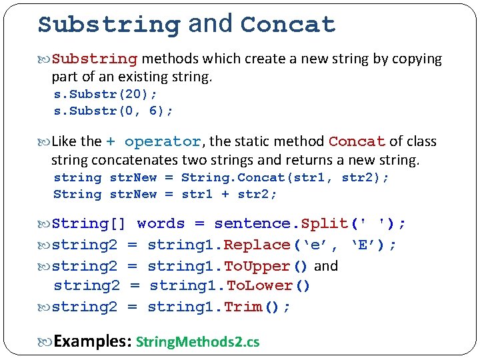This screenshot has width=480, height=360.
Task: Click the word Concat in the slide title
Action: coord(287,25)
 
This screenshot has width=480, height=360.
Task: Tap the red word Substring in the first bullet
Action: coord(95,59)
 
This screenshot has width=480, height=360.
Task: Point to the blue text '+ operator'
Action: coord(153,142)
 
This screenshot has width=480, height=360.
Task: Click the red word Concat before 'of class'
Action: coord(357,142)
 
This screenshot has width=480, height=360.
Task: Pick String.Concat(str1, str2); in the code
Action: coord(285,178)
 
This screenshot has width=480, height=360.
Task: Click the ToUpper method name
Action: coord(257,267)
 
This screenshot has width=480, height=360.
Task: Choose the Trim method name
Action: coord(243,307)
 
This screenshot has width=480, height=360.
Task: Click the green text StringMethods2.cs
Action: coord(197,343)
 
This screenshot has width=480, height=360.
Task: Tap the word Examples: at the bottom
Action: coord(91,342)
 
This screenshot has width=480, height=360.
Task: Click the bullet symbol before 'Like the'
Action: coord(45,142)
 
